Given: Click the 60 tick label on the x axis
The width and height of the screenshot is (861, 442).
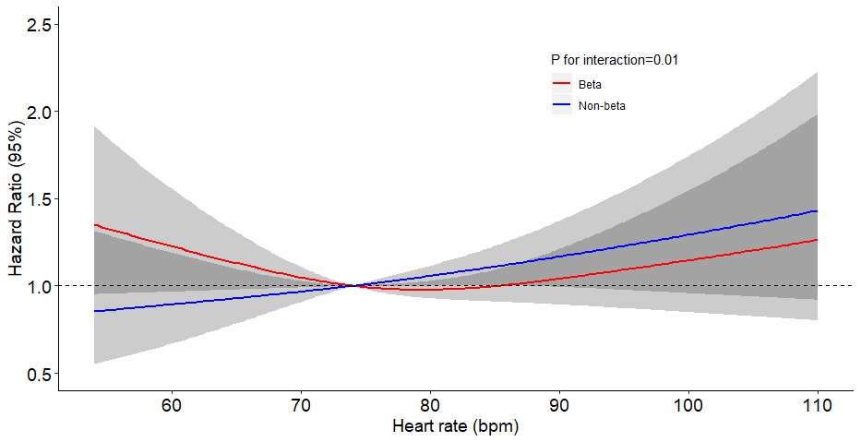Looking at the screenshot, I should pyautogui.click(x=171, y=405).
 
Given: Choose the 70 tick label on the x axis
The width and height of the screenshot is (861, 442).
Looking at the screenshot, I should pyautogui.click(x=300, y=405).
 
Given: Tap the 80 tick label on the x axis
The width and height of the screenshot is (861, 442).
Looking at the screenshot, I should pyautogui.click(x=430, y=405).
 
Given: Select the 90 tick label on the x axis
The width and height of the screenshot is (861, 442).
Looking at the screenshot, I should pyautogui.click(x=559, y=405).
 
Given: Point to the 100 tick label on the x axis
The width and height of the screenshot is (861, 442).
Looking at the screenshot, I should pyautogui.click(x=688, y=405).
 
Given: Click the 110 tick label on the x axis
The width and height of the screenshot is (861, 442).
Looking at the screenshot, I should pyautogui.click(x=818, y=405).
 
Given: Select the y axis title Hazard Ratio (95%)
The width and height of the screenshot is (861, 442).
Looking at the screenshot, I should pyautogui.click(x=17, y=199).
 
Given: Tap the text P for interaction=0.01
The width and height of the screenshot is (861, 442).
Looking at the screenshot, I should pyautogui.click(x=615, y=60).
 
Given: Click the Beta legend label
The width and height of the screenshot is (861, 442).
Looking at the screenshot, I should pyautogui.click(x=591, y=84).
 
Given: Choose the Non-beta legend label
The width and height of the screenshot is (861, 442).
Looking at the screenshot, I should pyautogui.click(x=603, y=106).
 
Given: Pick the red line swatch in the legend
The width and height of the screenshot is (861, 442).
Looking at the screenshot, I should pyautogui.click(x=561, y=84).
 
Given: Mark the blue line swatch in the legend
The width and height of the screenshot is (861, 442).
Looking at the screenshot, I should pyautogui.click(x=561, y=106).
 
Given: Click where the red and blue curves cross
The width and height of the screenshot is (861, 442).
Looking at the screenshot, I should pyautogui.click(x=353, y=286).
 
